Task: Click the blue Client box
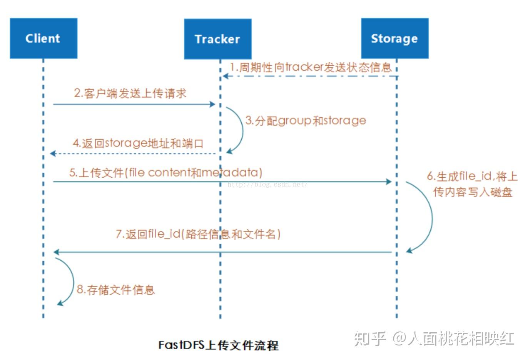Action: coord(43,38)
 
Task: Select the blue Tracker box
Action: coord(217,39)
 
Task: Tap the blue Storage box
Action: coord(394,38)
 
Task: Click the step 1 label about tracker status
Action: coord(310,67)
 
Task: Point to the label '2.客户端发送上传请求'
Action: coord(130,93)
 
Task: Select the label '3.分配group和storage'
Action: coord(306,121)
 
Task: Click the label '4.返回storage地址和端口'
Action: coord(138,143)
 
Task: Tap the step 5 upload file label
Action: coord(165,172)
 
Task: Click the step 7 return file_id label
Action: coord(198,234)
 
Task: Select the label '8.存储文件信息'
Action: coord(116,290)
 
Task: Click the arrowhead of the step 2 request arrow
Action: coord(212,104)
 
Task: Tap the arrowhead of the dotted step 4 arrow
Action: coord(53,153)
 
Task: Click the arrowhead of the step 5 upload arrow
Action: coord(388,182)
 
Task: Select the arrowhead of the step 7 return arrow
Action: coord(56,252)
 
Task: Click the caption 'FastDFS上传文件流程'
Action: coord(218,345)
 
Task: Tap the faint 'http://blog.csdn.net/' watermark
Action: coord(267,185)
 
